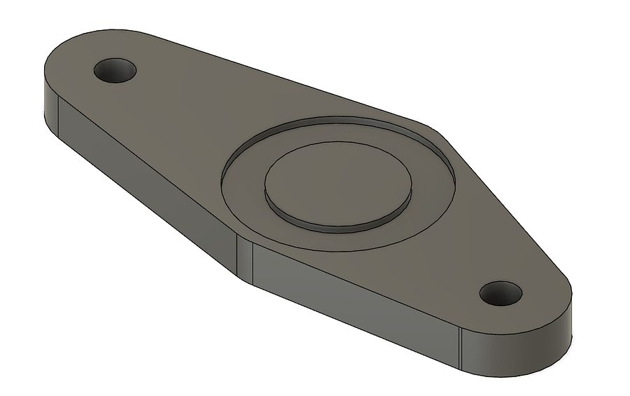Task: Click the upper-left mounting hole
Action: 115,70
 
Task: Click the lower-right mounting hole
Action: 500,293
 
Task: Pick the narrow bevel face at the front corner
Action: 244,259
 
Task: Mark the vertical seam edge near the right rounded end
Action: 461,347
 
